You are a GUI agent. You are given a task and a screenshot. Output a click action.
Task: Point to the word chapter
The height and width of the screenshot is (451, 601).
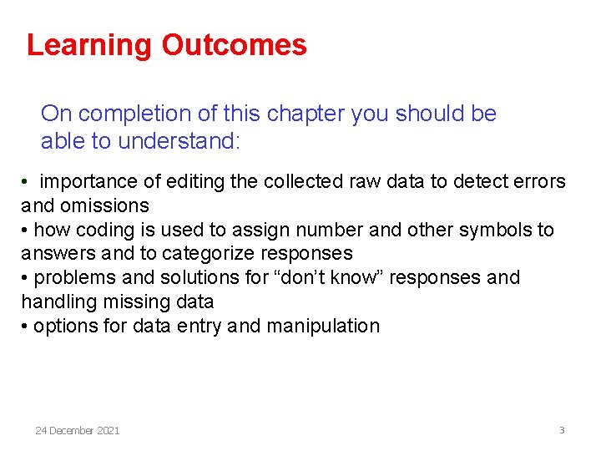coord(306,114)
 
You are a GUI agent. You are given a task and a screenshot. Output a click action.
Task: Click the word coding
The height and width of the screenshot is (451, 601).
coord(104,230)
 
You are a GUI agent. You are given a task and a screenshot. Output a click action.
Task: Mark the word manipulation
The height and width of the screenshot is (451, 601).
coord(323,326)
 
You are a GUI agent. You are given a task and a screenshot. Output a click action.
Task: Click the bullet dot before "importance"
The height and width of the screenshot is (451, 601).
coord(27,182)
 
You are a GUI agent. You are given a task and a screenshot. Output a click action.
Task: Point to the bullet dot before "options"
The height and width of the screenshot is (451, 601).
coord(25,327)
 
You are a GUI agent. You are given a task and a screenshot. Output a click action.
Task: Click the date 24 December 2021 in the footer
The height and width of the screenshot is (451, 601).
coord(78,431)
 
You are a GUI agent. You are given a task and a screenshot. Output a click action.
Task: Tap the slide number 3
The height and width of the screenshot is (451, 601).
coord(562,430)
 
